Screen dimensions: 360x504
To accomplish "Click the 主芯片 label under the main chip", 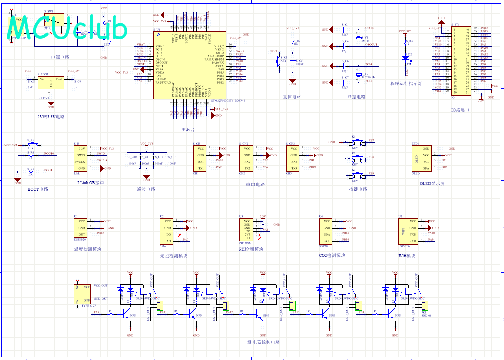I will [x=188, y=129].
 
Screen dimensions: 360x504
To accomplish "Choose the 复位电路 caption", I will [x=292, y=97].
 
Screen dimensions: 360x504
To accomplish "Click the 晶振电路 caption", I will [x=356, y=97].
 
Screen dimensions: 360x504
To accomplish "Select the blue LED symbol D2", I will [x=405, y=58].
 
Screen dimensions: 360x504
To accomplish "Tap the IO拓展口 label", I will [x=460, y=110].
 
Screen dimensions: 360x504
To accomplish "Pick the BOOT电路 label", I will [x=38, y=189].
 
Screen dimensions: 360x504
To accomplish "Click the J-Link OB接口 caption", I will [x=91, y=183].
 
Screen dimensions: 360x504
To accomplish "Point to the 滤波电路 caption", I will [x=146, y=189].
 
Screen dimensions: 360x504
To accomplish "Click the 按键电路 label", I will [x=358, y=189].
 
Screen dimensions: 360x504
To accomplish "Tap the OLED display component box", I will [x=423, y=158].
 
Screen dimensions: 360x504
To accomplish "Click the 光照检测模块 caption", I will [x=174, y=256].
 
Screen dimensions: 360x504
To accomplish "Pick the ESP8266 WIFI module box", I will [x=410, y=231].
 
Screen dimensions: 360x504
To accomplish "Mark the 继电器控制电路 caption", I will [x=264, y=342].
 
